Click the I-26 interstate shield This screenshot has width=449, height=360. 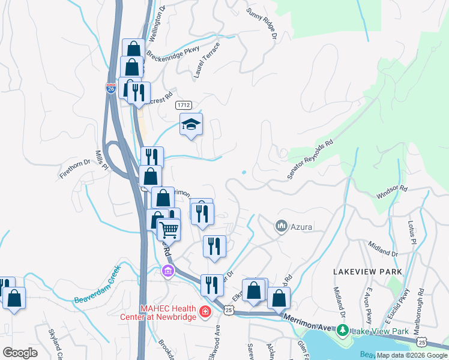click(110, 88)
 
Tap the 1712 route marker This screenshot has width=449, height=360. click(184, 105)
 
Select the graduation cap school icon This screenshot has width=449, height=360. click(191, 124)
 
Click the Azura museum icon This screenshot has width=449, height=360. click(280, 226)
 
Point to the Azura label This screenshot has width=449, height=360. click(301, 227)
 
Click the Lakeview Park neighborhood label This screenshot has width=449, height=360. click(367, 272)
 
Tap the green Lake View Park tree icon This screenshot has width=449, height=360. click(342, 331)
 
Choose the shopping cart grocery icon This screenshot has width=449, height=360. click(169, 229)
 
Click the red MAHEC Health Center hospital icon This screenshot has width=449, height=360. click(205, 312)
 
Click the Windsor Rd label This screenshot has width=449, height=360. click(392, 192)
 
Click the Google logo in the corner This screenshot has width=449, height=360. click(20, 353)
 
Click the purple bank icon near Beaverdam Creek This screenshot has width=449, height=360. click(167, 271)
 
